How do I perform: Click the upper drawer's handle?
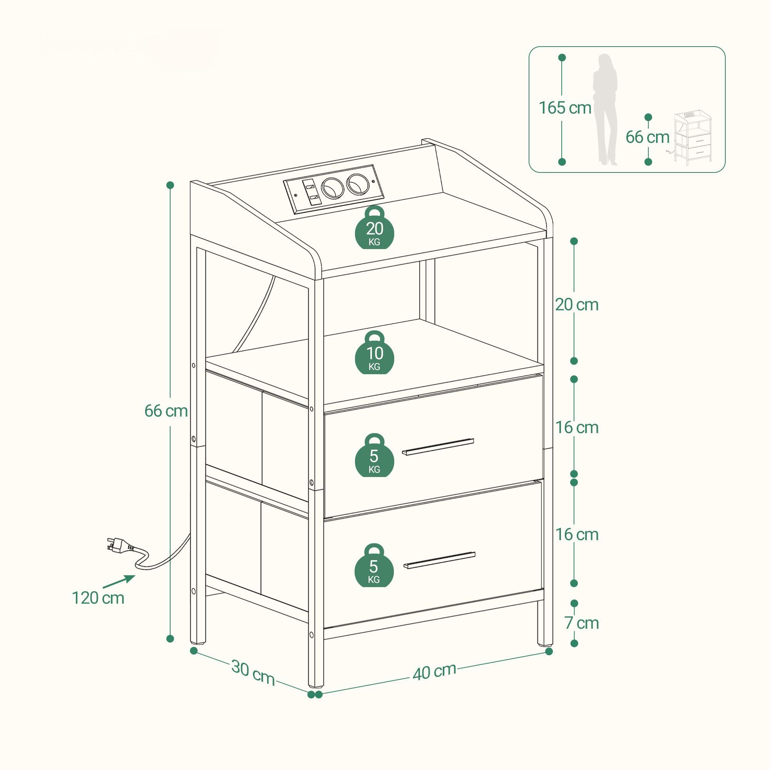pos(438,447)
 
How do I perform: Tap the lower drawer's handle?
pos(439,560)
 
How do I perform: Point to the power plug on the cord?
pos(120,545)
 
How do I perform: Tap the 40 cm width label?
pos(434,671)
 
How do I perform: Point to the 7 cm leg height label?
pos(581,623)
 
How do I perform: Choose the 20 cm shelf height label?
pos(577,305)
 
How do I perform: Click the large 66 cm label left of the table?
pos(166,411)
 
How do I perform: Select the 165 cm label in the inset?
pos(565,108)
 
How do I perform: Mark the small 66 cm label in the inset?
pos(647,137)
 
